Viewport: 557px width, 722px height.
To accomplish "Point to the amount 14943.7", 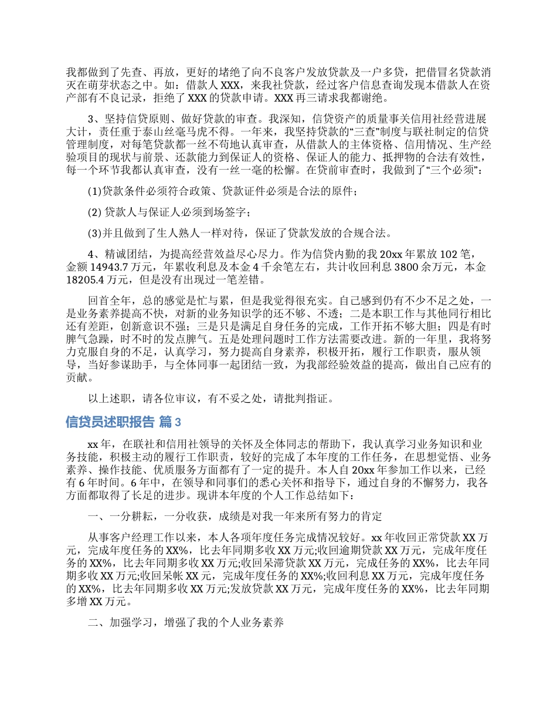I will (x=111, y=267).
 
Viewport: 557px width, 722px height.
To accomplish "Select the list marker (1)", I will (x=94, y=191).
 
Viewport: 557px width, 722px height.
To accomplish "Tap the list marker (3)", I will (x=94, y=234).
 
